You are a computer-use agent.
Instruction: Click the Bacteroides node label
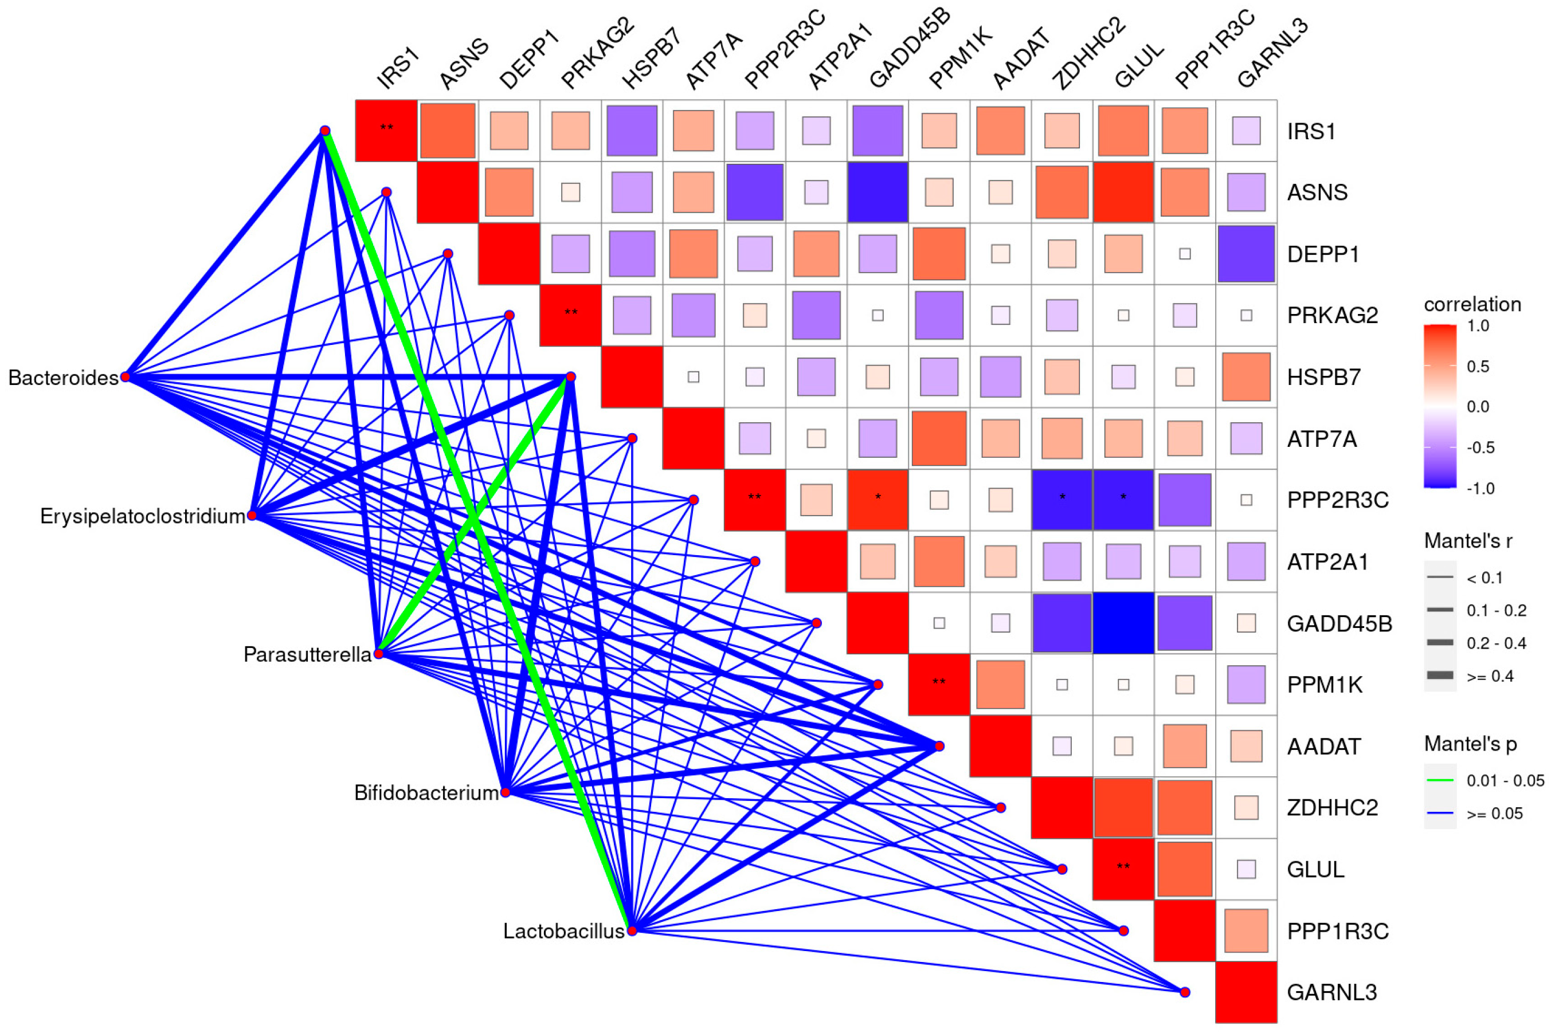click(63, 378)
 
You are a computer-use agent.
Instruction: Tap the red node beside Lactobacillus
click(632, 930)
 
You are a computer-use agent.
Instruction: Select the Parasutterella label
click(307, 654)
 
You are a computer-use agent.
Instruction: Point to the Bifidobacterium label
click(426, 792)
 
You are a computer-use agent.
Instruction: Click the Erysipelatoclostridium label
click(142, 516)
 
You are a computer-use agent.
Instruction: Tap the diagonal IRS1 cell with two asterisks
click(386, 131)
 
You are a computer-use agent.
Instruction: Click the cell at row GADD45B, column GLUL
click(1123, 623)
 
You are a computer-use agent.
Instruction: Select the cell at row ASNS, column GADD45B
click(878, 193)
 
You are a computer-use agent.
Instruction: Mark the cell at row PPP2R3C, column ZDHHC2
click(1062, 500)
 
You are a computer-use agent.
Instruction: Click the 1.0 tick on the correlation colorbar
click(1478, 326)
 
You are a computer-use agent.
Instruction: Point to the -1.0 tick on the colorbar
click(1479, 488)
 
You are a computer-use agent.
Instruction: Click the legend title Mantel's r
click(1467, 541)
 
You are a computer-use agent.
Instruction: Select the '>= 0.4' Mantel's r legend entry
click(1489, 676)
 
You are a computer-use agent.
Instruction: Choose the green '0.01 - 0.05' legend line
click(1440, 780)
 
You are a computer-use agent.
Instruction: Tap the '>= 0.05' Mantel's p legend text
click(1494, 814)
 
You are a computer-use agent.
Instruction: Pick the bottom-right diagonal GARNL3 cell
click(1245, 992)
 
